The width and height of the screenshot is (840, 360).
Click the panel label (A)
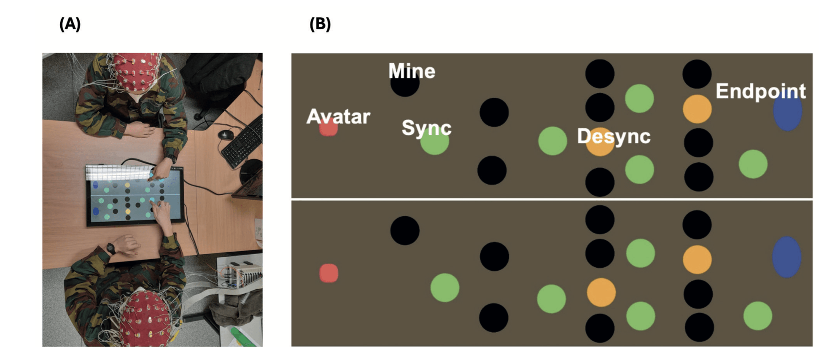pyautogui.click(x=70, y=24)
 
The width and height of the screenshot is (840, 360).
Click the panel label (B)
pyautogui.click(x=320, y=24)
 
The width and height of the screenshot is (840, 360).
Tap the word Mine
pyautogui.click(x=412, y=71)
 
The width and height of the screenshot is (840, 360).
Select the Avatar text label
pyautogui.click(x=338, y=116)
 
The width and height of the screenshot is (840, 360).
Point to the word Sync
pyautogui.click(x=426, y=128)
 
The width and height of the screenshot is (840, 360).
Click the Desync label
pyautogui.click(x=614, y=136)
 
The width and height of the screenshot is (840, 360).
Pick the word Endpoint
pyautogui.click(x=761, y=91)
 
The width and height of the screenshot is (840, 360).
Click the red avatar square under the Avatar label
pyautogui.click(x=328, y=127)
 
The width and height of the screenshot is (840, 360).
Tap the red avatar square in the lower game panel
pyautogui.click(x=328, y=273)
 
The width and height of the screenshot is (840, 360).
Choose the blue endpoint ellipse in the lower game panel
pyautogui.click(x=786, y=257)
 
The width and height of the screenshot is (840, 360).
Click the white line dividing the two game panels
pyautogui.click(x=552, y=199)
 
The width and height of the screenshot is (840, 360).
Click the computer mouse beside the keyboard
pyautogui.click(x=226, y=134)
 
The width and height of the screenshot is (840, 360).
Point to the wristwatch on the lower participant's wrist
pyautogui.click(x=111, y=249)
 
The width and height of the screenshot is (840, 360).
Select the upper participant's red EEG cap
pyautogui.click(x=138, y=71)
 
